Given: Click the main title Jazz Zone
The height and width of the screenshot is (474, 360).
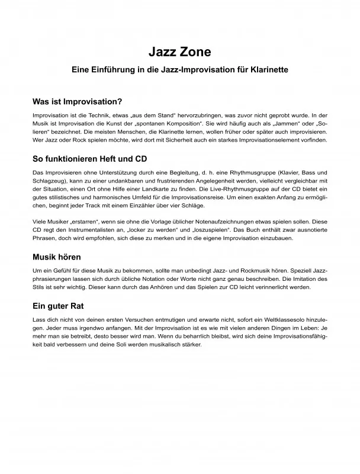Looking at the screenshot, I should (180, 52).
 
